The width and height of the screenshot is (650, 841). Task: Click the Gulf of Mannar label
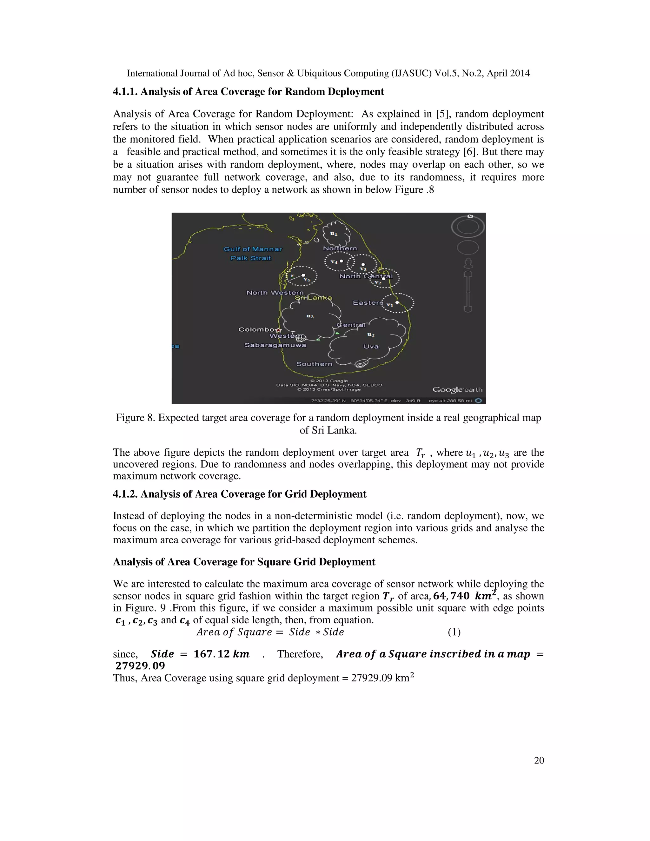click(253, 249)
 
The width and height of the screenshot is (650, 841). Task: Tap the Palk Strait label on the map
click(251, 258)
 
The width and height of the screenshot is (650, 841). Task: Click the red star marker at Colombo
click(279, 330)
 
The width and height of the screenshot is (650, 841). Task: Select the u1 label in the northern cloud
click(334, 233)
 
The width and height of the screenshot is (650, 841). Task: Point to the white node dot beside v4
click(341, 261)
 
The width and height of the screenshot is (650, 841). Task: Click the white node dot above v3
click(363, 265)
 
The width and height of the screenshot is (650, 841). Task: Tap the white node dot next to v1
click(397, 302)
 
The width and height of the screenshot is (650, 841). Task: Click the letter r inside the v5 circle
click(292, 276)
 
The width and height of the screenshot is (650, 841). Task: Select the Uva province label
click(371, 347)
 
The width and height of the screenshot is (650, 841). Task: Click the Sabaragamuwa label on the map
click(275, 345)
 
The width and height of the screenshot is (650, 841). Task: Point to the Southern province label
click(314, 364)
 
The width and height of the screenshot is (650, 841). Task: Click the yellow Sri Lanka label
click(313, 298)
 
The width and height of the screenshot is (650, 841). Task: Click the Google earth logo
click(457, 390)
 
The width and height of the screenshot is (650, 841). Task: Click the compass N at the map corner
click(470, 216)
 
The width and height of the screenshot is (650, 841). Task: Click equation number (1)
click(454, 632)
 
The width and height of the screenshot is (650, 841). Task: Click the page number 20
click(539, 760)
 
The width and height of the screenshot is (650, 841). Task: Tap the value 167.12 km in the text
click(222, 654)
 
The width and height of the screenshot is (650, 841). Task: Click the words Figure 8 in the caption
click(135, 418)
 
